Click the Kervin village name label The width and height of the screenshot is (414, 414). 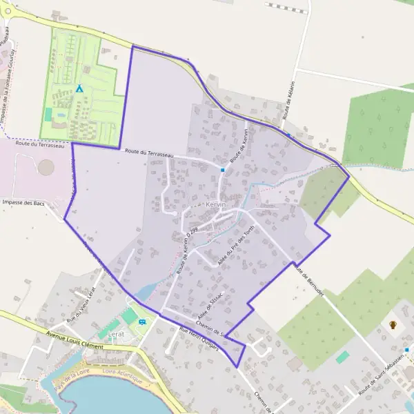(x=216, y=206)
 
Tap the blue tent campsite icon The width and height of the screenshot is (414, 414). (x=79, y=89)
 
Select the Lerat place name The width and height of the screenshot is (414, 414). (x=116, y=334)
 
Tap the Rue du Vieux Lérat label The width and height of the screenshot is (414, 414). (x=79, y=306)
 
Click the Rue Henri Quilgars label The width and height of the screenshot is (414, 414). (x=199, y=339)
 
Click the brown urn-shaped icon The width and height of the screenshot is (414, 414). (x=393, y=324)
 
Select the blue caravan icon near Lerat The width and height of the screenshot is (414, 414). (x=143, y=321)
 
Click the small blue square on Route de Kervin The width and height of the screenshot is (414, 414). (x=223, y=169)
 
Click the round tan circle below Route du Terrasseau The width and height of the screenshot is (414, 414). (x=46, y=168)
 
